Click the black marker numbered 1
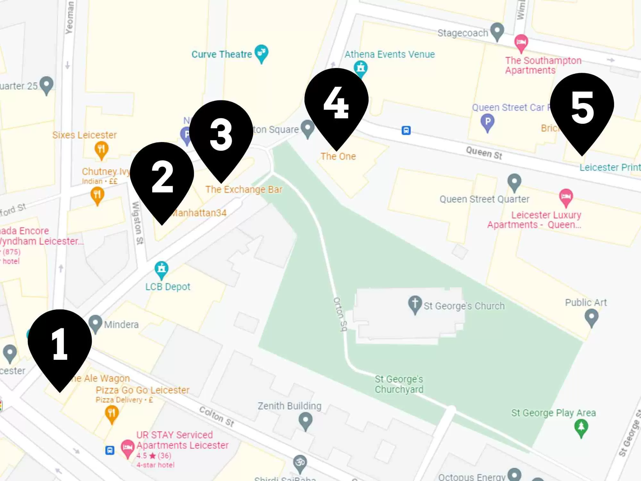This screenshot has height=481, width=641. pyautogui.click(x=60, y=343)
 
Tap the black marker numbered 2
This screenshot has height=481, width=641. pyautogui.click(x=162, y=176)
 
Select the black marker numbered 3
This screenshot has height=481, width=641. pyautogui.click(x=221, y=135)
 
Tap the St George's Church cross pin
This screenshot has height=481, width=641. pyautogui.click(x=415, y=304)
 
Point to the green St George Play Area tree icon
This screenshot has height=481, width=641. pyautogui.click(x=581, y=428)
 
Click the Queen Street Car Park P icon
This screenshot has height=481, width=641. pyautogui.click(x=487, y=122)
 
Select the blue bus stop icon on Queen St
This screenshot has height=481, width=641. pyautogui.click(x=406, y=130)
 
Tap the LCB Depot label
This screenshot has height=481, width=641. pyautogui.click(x=168, y=287)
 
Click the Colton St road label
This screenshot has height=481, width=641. pyautogui.click(x=217, y=416)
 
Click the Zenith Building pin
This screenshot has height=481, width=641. pyautogui.click(x=305, y=420)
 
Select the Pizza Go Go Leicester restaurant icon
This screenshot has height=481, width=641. pyautogui.click(x=112, y=414)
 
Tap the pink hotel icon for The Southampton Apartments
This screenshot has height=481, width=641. pyautogui.click(x=521, y=43)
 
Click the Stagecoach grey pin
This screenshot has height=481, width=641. pyautogui.click(x=497, y=31)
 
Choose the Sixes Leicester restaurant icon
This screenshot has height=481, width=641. pyautogui.click(x=101, y=149)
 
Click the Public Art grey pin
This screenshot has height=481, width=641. pyautogui.click(x=591, y=317)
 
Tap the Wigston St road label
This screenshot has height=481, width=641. pyautogui.click(x=137, y=223)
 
